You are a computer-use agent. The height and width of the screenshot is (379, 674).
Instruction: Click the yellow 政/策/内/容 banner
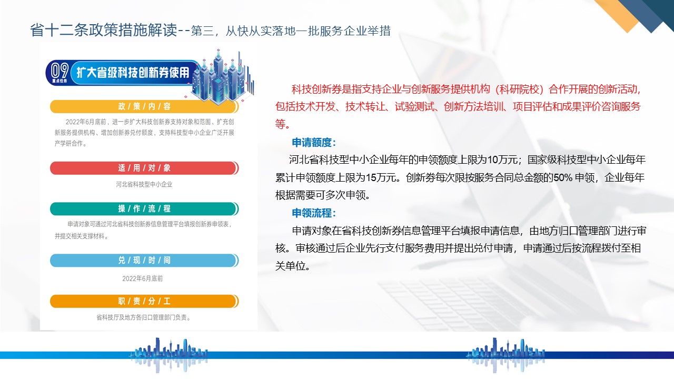point(144,106)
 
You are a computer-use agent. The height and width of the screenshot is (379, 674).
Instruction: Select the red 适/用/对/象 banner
point(144,168)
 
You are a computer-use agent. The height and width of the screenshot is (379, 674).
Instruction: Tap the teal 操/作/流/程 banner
point(144,209)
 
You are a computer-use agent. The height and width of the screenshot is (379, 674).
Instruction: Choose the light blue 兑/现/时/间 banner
point(144,260)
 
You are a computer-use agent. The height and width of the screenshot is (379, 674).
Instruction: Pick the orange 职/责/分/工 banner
point(144,301)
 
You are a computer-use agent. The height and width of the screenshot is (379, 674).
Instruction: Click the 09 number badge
point(60,72)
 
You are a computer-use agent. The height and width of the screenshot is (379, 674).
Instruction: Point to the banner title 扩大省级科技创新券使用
point(133,73)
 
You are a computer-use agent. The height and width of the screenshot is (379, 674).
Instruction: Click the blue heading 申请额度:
point(313,142)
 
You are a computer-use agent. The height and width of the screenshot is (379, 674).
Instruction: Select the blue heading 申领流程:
point(313,213)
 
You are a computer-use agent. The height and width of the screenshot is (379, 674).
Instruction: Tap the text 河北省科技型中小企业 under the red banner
point(144,184)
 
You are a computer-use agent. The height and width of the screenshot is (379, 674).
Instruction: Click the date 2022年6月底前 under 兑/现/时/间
point(142,278)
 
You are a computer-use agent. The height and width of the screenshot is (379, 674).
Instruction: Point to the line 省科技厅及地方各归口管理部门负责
point(143,317)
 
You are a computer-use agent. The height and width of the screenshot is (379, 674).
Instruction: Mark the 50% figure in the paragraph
point(563,177)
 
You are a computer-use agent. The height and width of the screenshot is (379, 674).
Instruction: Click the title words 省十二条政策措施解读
point(104,30)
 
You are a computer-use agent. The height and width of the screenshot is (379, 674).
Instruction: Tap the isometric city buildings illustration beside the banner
point(223,77)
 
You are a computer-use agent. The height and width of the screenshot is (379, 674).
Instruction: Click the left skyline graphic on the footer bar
point(168,355)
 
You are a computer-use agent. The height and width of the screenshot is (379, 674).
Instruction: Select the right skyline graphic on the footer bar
point(506,355)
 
